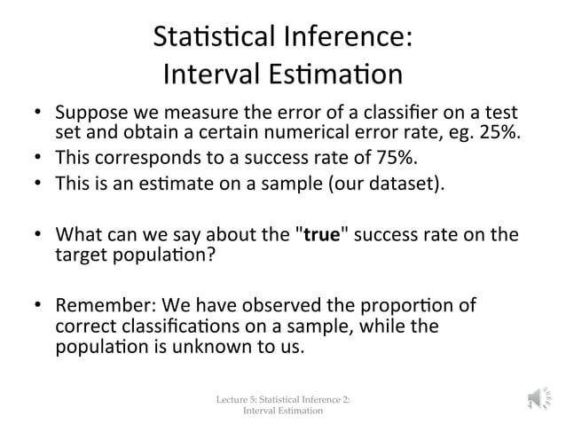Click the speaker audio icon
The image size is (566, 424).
(538, 400)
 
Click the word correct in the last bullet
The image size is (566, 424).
(83, 326)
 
